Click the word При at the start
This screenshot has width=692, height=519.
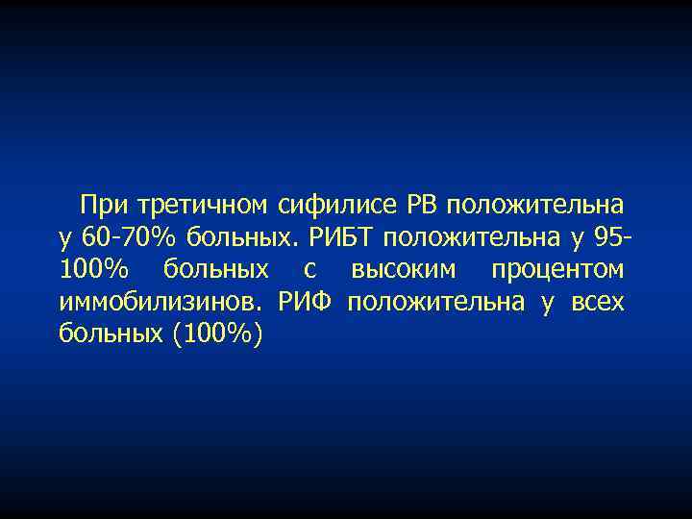(x=105, y=205)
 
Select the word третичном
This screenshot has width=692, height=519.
(x=202, y=205)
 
